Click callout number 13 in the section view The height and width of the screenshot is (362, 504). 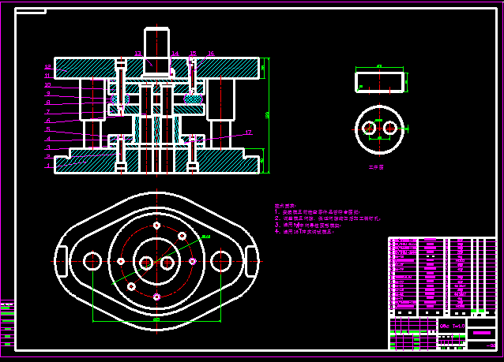coord(137,54)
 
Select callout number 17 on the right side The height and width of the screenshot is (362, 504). coord(248,132)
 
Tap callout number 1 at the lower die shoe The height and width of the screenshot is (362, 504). coord(47,166)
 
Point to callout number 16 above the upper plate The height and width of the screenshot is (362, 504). coord(211,54)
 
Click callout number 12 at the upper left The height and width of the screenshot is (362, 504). coord(47,67)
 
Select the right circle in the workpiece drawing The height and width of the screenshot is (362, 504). coord(389,128)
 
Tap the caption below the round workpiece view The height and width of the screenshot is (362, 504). coord(376,167)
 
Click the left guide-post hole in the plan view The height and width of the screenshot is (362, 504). coord(92,260)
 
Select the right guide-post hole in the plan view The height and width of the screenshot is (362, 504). coord(221,260)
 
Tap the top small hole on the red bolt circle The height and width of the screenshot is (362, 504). coord(157,225)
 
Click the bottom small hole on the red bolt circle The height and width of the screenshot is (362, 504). coord(156,297)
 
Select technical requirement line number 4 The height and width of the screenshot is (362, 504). coord(305,232)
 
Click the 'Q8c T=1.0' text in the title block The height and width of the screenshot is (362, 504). coord(450,325)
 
